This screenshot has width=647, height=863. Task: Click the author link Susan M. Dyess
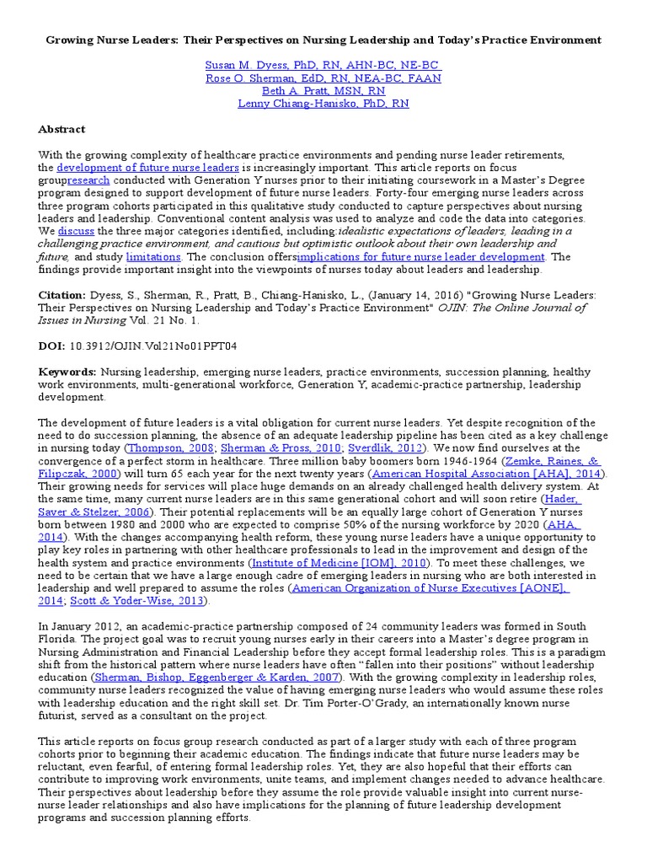[323, 65]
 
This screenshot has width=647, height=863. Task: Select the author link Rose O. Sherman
[323, 78]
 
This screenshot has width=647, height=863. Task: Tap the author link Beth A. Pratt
[323, 91]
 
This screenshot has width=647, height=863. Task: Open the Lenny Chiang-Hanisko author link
[323, 104]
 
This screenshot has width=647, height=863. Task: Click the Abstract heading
[61, 129]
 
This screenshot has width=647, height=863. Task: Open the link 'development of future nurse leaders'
[147, 168]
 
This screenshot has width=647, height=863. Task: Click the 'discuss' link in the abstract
[76, 230]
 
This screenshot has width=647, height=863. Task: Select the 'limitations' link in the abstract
[153, 256]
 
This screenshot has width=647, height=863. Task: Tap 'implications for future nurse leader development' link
[420, 256]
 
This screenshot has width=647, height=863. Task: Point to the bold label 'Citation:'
[62, 296]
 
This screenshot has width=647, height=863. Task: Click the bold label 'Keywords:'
[67, 372]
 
